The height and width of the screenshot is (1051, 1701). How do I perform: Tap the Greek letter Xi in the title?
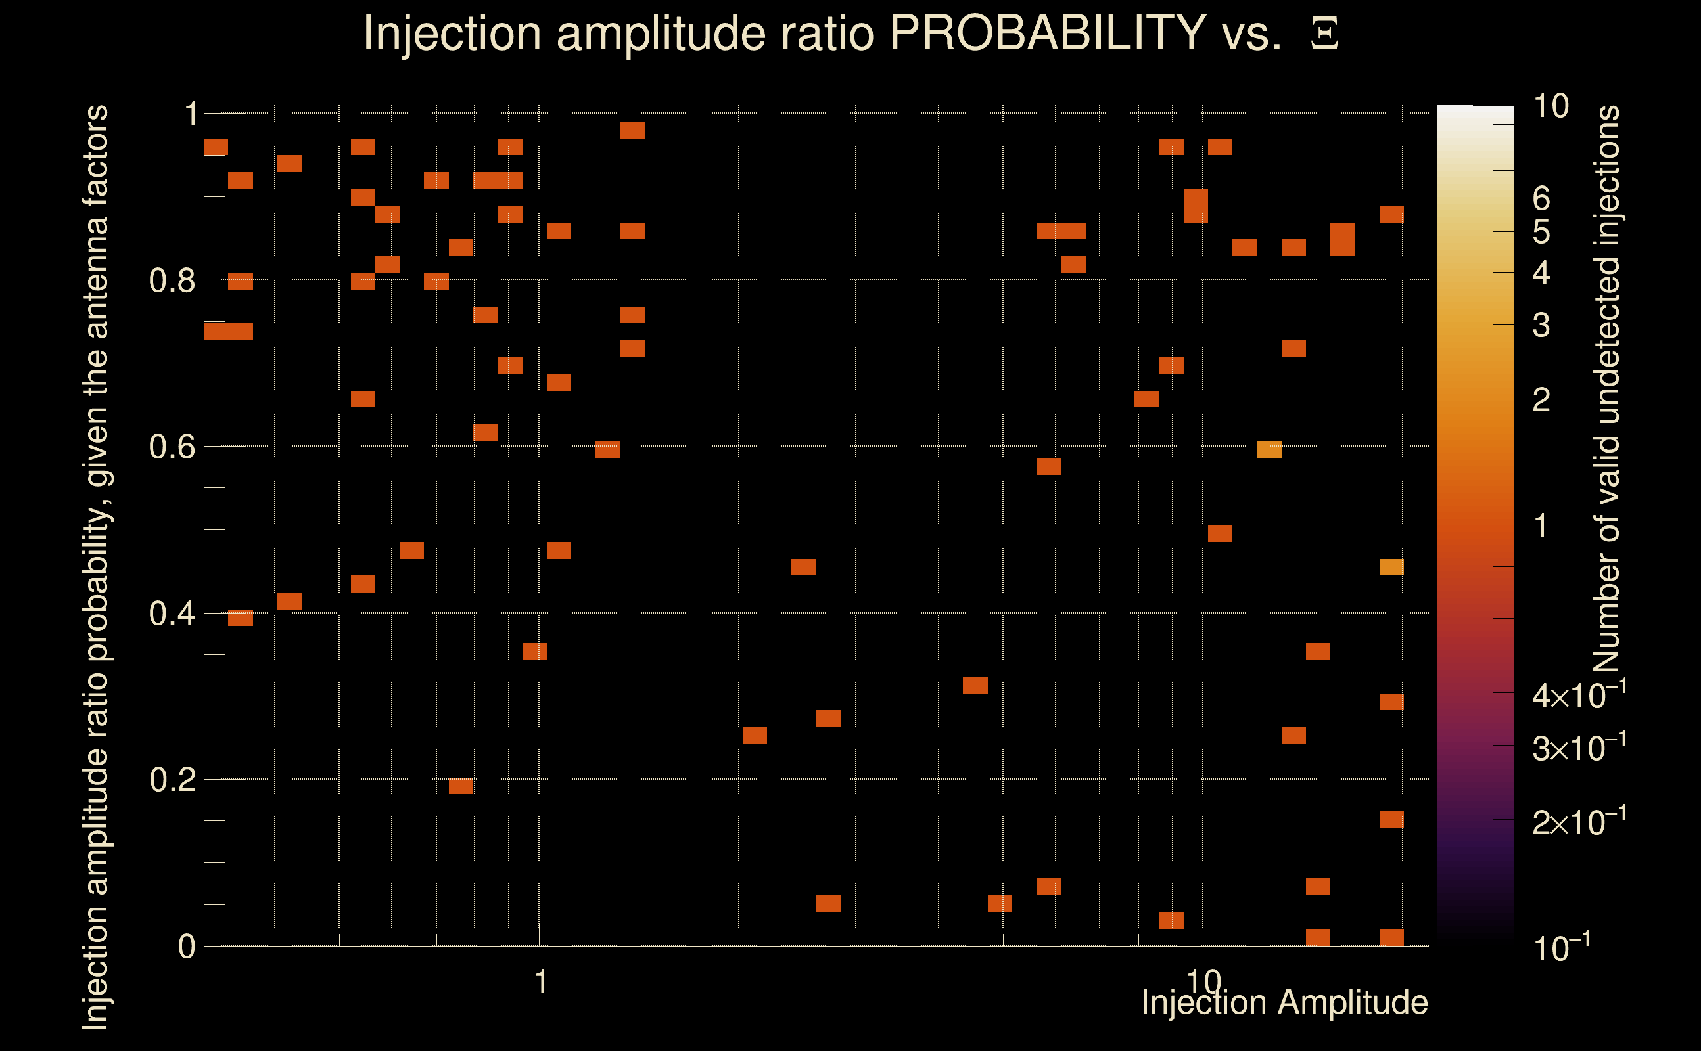tap(1324, 34)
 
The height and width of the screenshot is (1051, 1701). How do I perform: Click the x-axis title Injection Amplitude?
tap(1284, 1002)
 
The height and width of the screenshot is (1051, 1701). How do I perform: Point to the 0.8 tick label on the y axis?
tap(172, 281)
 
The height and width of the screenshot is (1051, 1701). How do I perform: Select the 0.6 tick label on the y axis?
tap(172, 446)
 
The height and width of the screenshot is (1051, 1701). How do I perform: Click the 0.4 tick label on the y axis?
tap(172, 613)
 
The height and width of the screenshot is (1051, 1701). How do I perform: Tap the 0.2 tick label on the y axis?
tap(172, 780)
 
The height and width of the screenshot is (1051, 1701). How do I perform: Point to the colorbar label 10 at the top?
tap(1550, 106)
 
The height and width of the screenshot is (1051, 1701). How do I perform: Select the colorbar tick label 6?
tap(1541, 199)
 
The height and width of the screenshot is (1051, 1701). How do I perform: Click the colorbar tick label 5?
tap(1541, 232)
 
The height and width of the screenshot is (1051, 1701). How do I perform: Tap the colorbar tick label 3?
tap(1541, 325)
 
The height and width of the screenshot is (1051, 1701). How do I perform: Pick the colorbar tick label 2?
tap(1541, 399)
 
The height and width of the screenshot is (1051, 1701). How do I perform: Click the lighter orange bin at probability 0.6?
tap(1269, 450)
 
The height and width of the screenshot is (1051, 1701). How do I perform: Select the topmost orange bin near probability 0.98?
tap(632, 130)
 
